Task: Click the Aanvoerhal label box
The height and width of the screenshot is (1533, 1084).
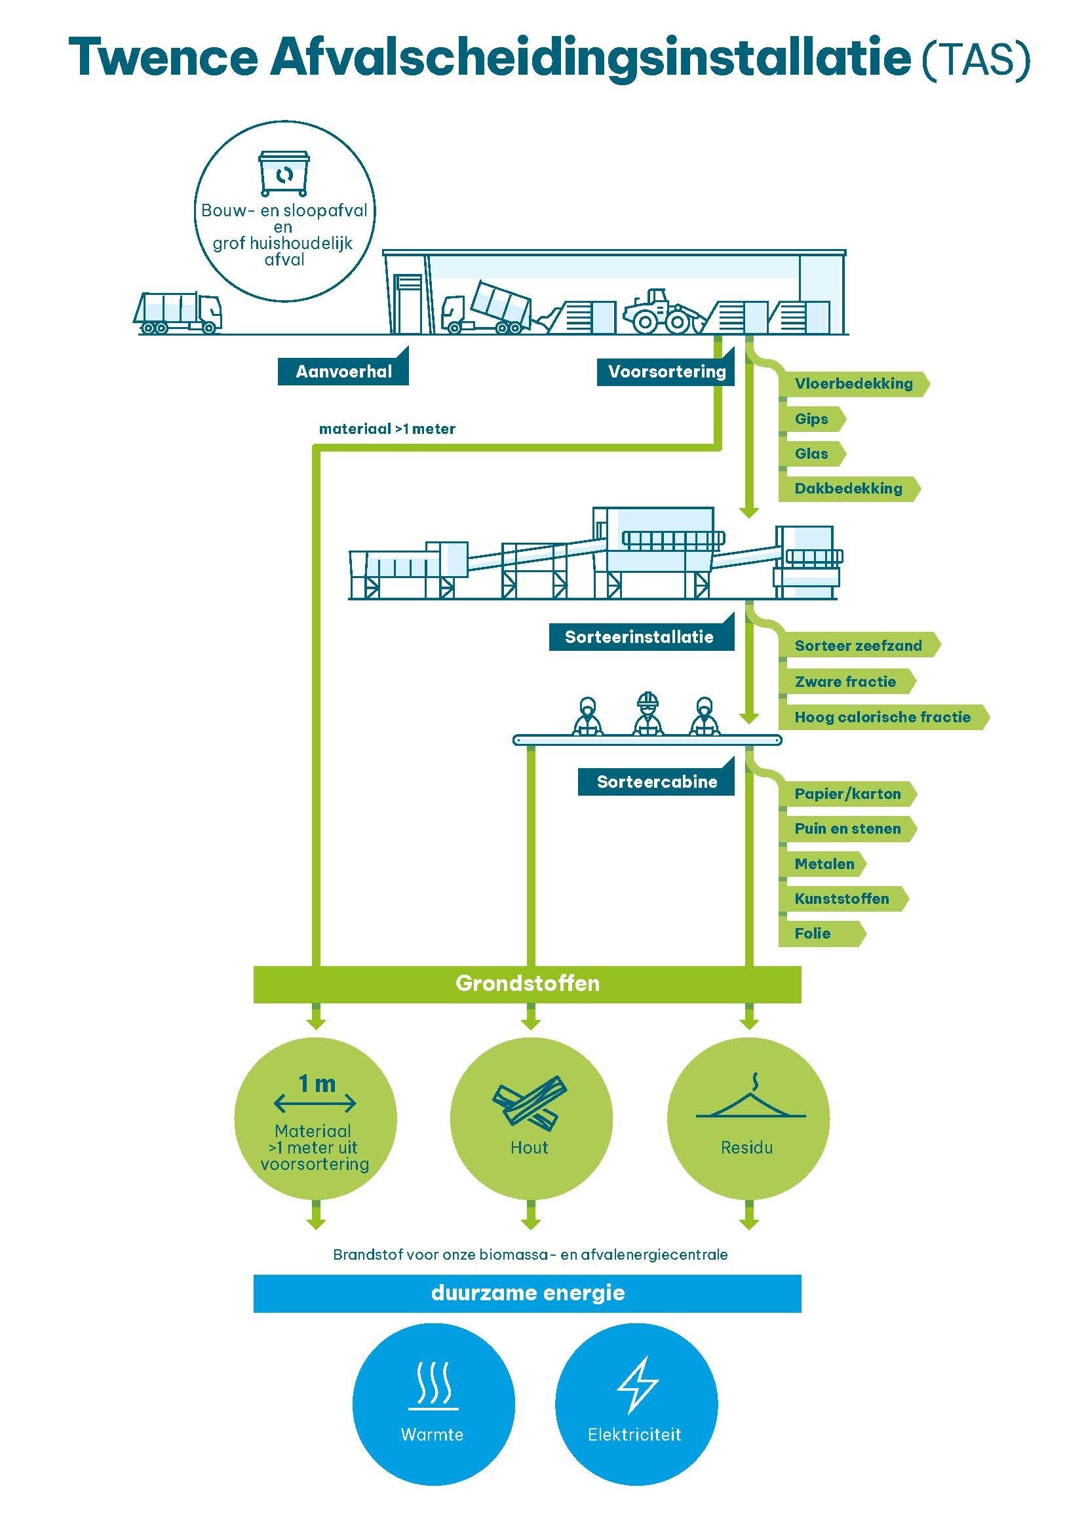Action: [343, 371]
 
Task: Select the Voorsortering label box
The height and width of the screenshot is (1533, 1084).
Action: [665, 371]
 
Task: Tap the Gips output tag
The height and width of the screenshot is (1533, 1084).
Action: [811, 419]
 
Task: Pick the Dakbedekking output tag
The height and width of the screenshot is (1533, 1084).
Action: [847, 488]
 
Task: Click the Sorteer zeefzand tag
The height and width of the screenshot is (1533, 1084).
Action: [858, 646]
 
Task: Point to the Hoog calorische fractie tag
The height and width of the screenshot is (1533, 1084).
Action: [881, 717]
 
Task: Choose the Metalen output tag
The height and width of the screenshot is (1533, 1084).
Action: [824, 864]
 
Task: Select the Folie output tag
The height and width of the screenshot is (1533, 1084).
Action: [812, 933]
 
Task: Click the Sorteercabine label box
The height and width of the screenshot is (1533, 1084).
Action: [656, 782]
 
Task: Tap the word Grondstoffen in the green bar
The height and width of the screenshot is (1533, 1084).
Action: [528, 984]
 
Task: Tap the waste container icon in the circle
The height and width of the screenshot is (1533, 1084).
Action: [285, 174]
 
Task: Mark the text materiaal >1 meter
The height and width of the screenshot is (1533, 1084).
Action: [387, 429]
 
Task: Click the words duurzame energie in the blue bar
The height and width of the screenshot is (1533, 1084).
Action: [528, 1292]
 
